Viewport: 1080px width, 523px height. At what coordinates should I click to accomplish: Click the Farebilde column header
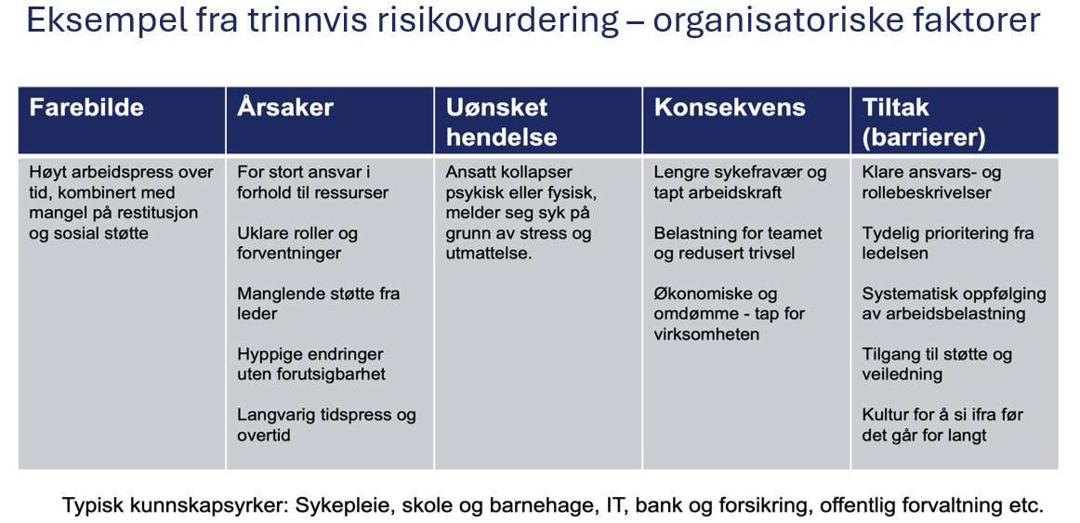pos(86,108)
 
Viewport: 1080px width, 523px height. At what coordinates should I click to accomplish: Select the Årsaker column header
pos(284,108)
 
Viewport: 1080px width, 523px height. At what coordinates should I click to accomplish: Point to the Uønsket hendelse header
pos(501,122)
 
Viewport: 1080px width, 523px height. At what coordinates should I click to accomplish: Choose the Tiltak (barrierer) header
pos(923,122)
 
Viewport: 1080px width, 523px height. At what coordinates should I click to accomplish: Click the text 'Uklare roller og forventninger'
pos(297,243)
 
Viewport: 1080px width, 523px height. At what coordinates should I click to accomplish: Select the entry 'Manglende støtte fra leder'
pos(318,304)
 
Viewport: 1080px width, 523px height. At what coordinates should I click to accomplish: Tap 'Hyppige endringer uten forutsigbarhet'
pos(310,364)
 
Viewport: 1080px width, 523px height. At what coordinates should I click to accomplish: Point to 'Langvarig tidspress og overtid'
pos(326,425)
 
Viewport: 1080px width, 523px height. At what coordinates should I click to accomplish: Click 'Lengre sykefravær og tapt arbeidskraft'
pos(740,182)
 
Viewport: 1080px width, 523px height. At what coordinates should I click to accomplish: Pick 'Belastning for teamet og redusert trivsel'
pos(738,243)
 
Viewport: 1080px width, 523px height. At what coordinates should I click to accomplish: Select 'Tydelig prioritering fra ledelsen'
pos(948,243)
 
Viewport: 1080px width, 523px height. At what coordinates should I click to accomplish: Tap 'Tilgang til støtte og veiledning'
pos(937,364)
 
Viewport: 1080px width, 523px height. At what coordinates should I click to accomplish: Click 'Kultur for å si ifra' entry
pos(942,425)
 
